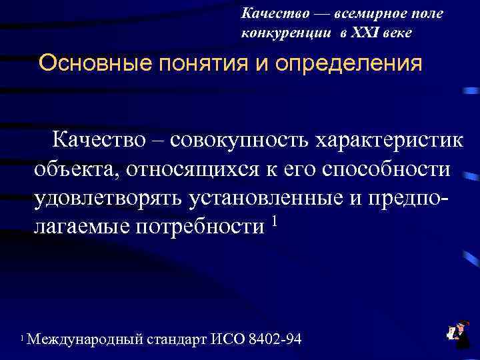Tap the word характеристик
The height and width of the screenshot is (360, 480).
389,141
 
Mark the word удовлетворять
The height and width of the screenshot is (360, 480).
109,198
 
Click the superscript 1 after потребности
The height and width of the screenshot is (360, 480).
273,219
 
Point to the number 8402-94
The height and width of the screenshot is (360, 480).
274,340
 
